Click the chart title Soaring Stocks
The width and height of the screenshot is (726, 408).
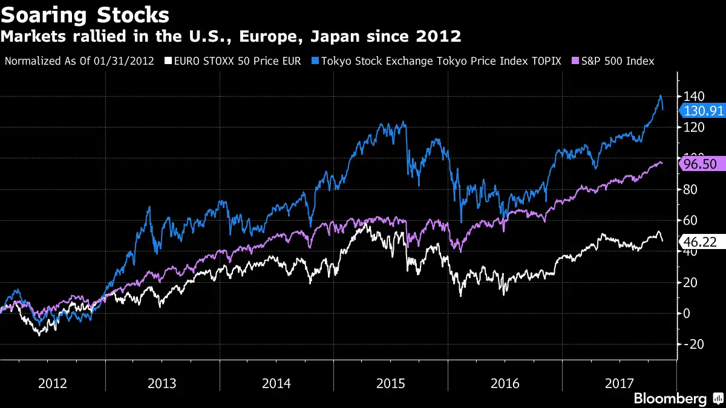85,14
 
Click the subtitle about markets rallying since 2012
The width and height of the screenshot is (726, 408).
231,37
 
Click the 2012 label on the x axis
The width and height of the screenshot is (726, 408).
53,383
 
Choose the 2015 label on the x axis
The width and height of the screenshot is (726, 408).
391,383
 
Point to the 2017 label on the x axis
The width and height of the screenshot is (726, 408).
618,383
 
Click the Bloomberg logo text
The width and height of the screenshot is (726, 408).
670,398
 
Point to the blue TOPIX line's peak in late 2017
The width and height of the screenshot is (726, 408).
660,96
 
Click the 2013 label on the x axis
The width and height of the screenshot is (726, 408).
162,383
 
